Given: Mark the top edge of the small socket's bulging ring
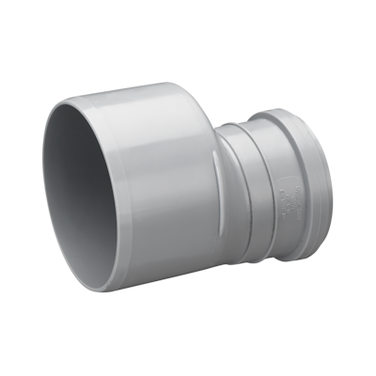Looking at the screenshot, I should click(x=282, y=113).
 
